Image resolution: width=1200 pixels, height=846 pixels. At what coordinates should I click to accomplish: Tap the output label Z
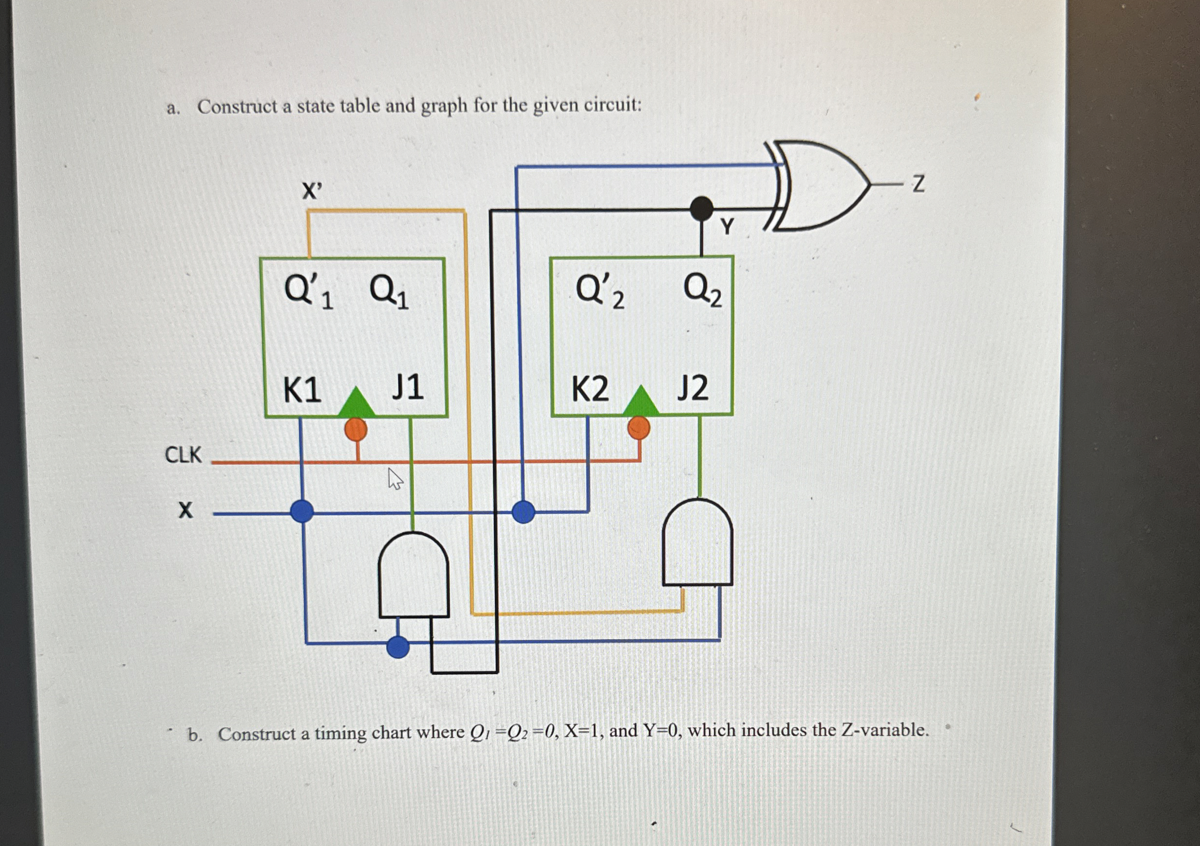click(919, 184)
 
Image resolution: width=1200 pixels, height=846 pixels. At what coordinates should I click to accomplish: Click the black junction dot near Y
click(701, 208)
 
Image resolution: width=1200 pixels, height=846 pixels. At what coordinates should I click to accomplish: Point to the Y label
click(727, 227)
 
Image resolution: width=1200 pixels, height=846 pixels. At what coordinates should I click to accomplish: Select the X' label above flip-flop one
click(312, 191)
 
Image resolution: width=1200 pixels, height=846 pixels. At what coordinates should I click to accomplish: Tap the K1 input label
click(301, 390)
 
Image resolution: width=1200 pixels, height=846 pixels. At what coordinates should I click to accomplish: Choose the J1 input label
click(407, 388)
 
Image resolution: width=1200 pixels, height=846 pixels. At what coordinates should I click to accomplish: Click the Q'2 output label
click(600, 291)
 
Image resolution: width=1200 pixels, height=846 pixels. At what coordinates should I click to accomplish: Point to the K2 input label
click(590, 389)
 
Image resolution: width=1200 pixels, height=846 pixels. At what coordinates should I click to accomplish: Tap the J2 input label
click(693, 388)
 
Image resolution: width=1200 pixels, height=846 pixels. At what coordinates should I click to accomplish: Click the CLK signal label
click(183, 455)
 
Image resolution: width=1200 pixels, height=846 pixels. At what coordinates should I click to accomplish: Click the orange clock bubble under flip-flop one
click(356, 429)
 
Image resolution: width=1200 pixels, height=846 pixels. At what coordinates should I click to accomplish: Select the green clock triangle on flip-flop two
click(641, 402)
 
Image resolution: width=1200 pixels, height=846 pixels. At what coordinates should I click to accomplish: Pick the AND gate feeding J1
click(413, 575)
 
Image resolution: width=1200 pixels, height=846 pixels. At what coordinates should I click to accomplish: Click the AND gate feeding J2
click(697, 543)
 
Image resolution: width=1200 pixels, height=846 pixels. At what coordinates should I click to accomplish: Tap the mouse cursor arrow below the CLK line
click(394, 478)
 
